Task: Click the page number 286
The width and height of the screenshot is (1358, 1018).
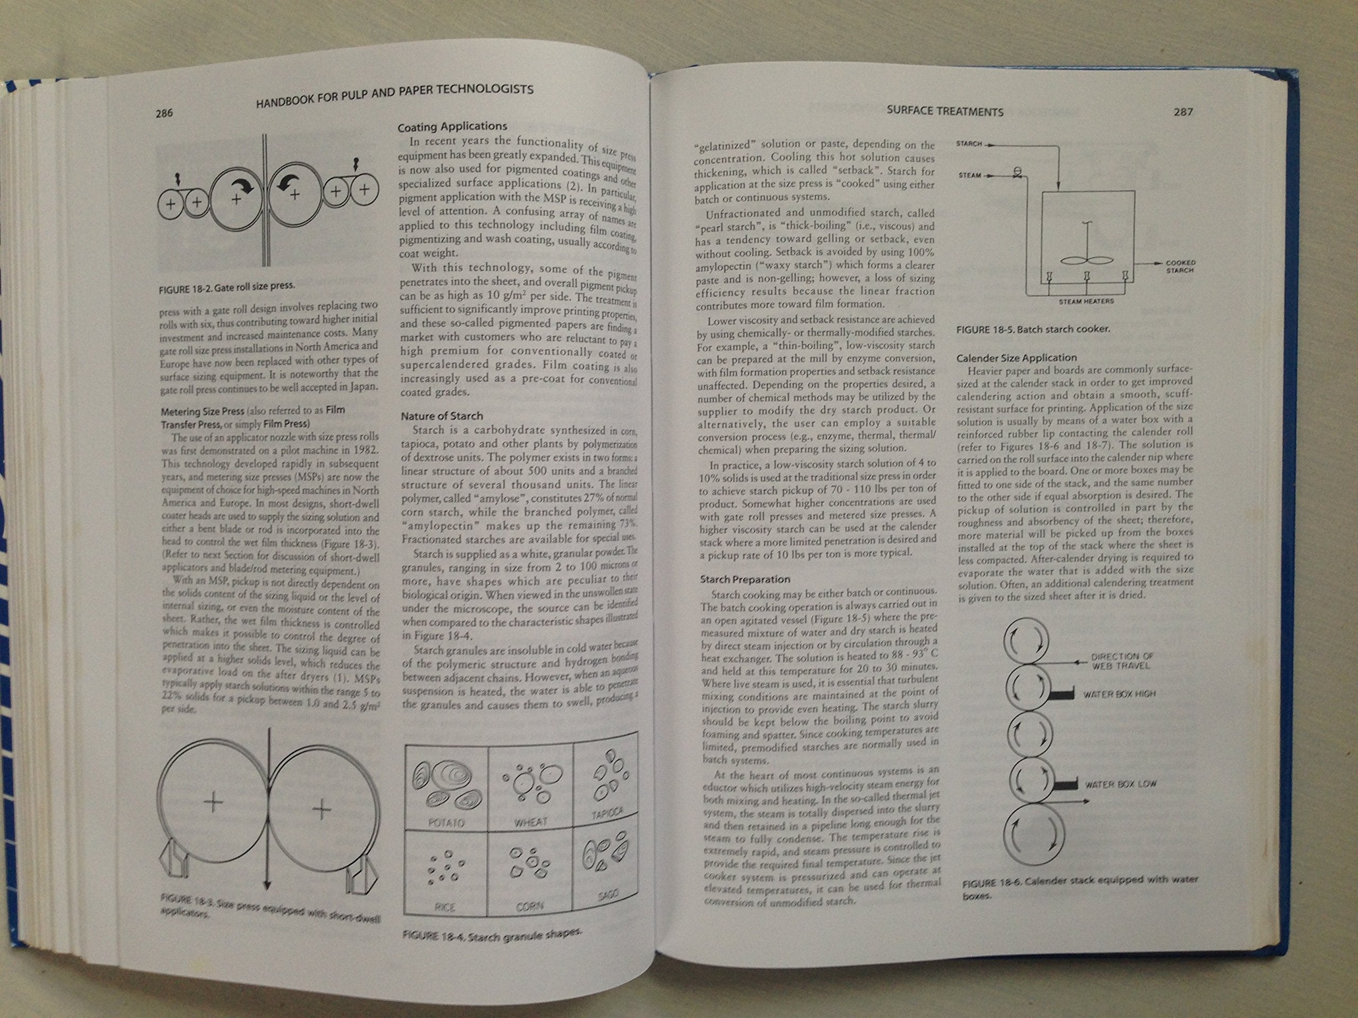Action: (x=164, y=113)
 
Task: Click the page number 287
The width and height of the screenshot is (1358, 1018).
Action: (x=1183, y=112)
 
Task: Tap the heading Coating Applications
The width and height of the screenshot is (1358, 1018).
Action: (x=452, y=126)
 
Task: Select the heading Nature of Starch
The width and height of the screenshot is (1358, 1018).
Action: (x=441, y=416)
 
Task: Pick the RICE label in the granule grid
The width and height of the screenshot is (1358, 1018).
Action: (x=445, y=907)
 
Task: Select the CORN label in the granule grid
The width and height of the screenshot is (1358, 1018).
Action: (x=529, y=906)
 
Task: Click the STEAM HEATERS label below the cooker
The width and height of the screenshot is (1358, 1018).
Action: (x=1085, y=301)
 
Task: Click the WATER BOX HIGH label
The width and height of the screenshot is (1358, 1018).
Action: (x=1119, y=694)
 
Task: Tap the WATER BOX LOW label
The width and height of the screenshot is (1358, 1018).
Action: (x=1120, y=784)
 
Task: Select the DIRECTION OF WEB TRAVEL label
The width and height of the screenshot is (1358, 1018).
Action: (x=1120, y=661)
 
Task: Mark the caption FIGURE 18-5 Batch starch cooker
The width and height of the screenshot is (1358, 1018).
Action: (x=1033, y=329)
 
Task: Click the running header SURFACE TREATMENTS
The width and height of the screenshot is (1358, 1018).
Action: (x=945, y=112)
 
